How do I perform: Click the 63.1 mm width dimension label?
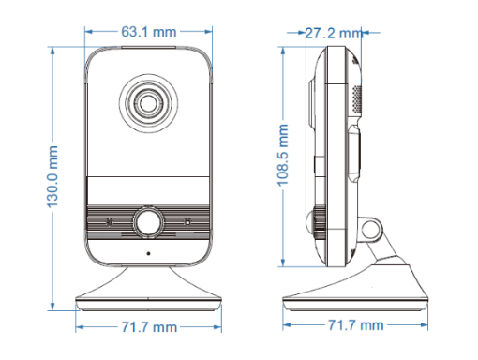(x=149, y=32)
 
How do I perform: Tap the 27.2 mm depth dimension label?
(x=334, y=33)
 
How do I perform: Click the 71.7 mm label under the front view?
(x=149, y=327)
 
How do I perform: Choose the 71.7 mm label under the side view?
(x=355, y=325)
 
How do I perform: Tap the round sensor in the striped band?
(x=148, y=222)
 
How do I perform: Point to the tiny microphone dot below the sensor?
(x=148, y=253)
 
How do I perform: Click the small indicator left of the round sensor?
(x=111, y=222)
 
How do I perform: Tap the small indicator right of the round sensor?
(x=187, y=222)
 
